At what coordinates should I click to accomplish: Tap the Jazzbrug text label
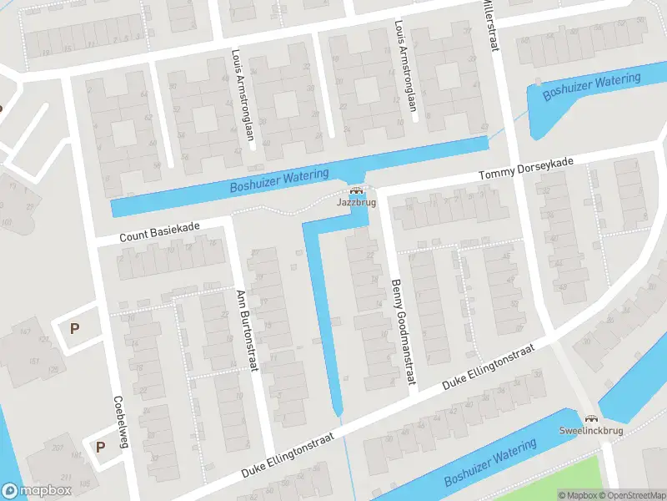[x=356, y=203]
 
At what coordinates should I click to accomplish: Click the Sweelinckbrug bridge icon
[x=592, y=419]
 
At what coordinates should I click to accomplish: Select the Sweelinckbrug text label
[x=592, y=432]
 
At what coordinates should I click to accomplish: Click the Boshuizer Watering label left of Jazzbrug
[x=279, y=180]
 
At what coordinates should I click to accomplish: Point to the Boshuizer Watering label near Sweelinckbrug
[x=490, y=463]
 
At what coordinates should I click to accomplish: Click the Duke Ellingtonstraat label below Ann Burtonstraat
[x=288, y=455]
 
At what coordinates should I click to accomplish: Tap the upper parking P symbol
[x=74, y=328]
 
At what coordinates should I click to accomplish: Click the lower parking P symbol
[x=100, y=447]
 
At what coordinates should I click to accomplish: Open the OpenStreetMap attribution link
[x=631, y=495]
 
